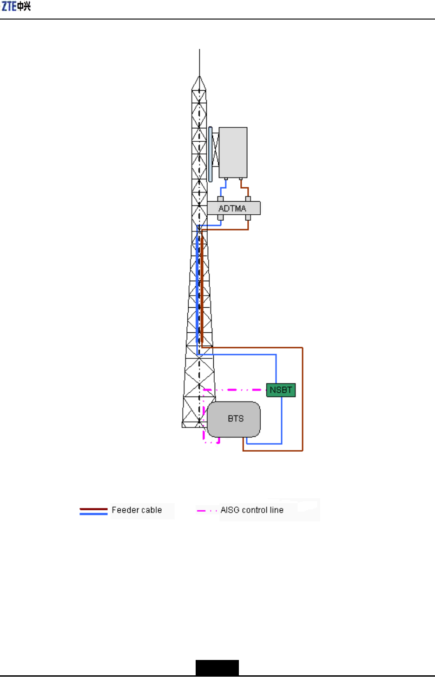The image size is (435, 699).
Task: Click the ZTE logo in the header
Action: tap(16, 6)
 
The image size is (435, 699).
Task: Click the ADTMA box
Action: tap(234, 208)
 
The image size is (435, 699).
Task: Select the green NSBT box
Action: tap(281, 390)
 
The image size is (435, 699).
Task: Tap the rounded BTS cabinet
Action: tap(234, 419)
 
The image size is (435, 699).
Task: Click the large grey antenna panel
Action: tap(233, 152)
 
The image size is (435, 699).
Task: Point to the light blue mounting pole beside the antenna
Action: tap(211, 154)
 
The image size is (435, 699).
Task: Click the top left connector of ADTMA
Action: tap(221, 199)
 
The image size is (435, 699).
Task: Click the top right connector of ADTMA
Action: tap(248, 199)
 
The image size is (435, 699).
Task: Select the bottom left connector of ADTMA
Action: tap(221, 218)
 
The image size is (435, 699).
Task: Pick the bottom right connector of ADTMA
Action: tap(248, 218)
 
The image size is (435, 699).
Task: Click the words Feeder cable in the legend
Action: tap(137, 510)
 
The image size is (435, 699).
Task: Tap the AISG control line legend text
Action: tap(252, 510)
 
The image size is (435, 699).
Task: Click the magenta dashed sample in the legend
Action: tap(207, 511)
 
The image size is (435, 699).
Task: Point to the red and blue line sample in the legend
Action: tap(93, 511)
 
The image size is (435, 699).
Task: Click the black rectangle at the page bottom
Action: tap(217, 668)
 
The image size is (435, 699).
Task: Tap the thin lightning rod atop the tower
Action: tap(199, 62)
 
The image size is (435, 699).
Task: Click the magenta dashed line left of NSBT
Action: tap(234, 390)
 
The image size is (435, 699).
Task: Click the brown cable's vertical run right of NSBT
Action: tap(303, 399)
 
